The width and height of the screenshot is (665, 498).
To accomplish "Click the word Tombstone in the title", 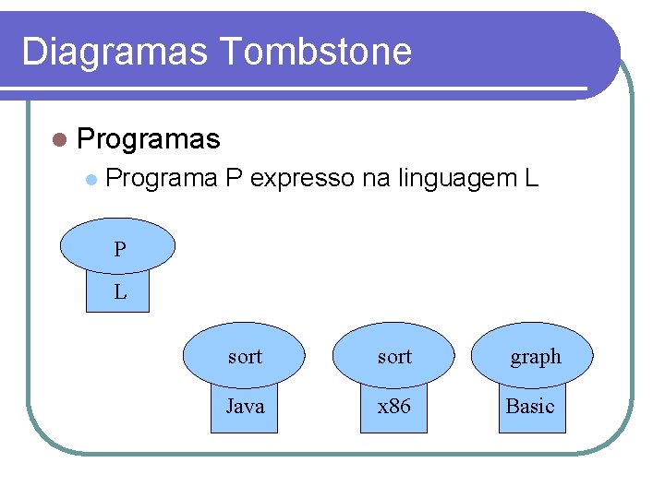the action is pos(316,52).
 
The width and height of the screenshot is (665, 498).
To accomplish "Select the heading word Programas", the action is pos(149,139).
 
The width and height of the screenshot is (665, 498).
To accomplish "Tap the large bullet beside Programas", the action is pos(60,140).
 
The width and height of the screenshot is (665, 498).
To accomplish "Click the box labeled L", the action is pos(117,294).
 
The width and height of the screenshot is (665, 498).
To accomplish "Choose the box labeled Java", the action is pos(245,407).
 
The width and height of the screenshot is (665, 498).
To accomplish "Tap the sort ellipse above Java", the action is pos(245,356).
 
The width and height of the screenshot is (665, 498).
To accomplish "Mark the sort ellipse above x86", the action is pos(394,356).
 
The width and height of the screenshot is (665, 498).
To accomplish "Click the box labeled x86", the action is pos(394,407).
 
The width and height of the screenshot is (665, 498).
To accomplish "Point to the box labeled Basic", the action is pos(530,407).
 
